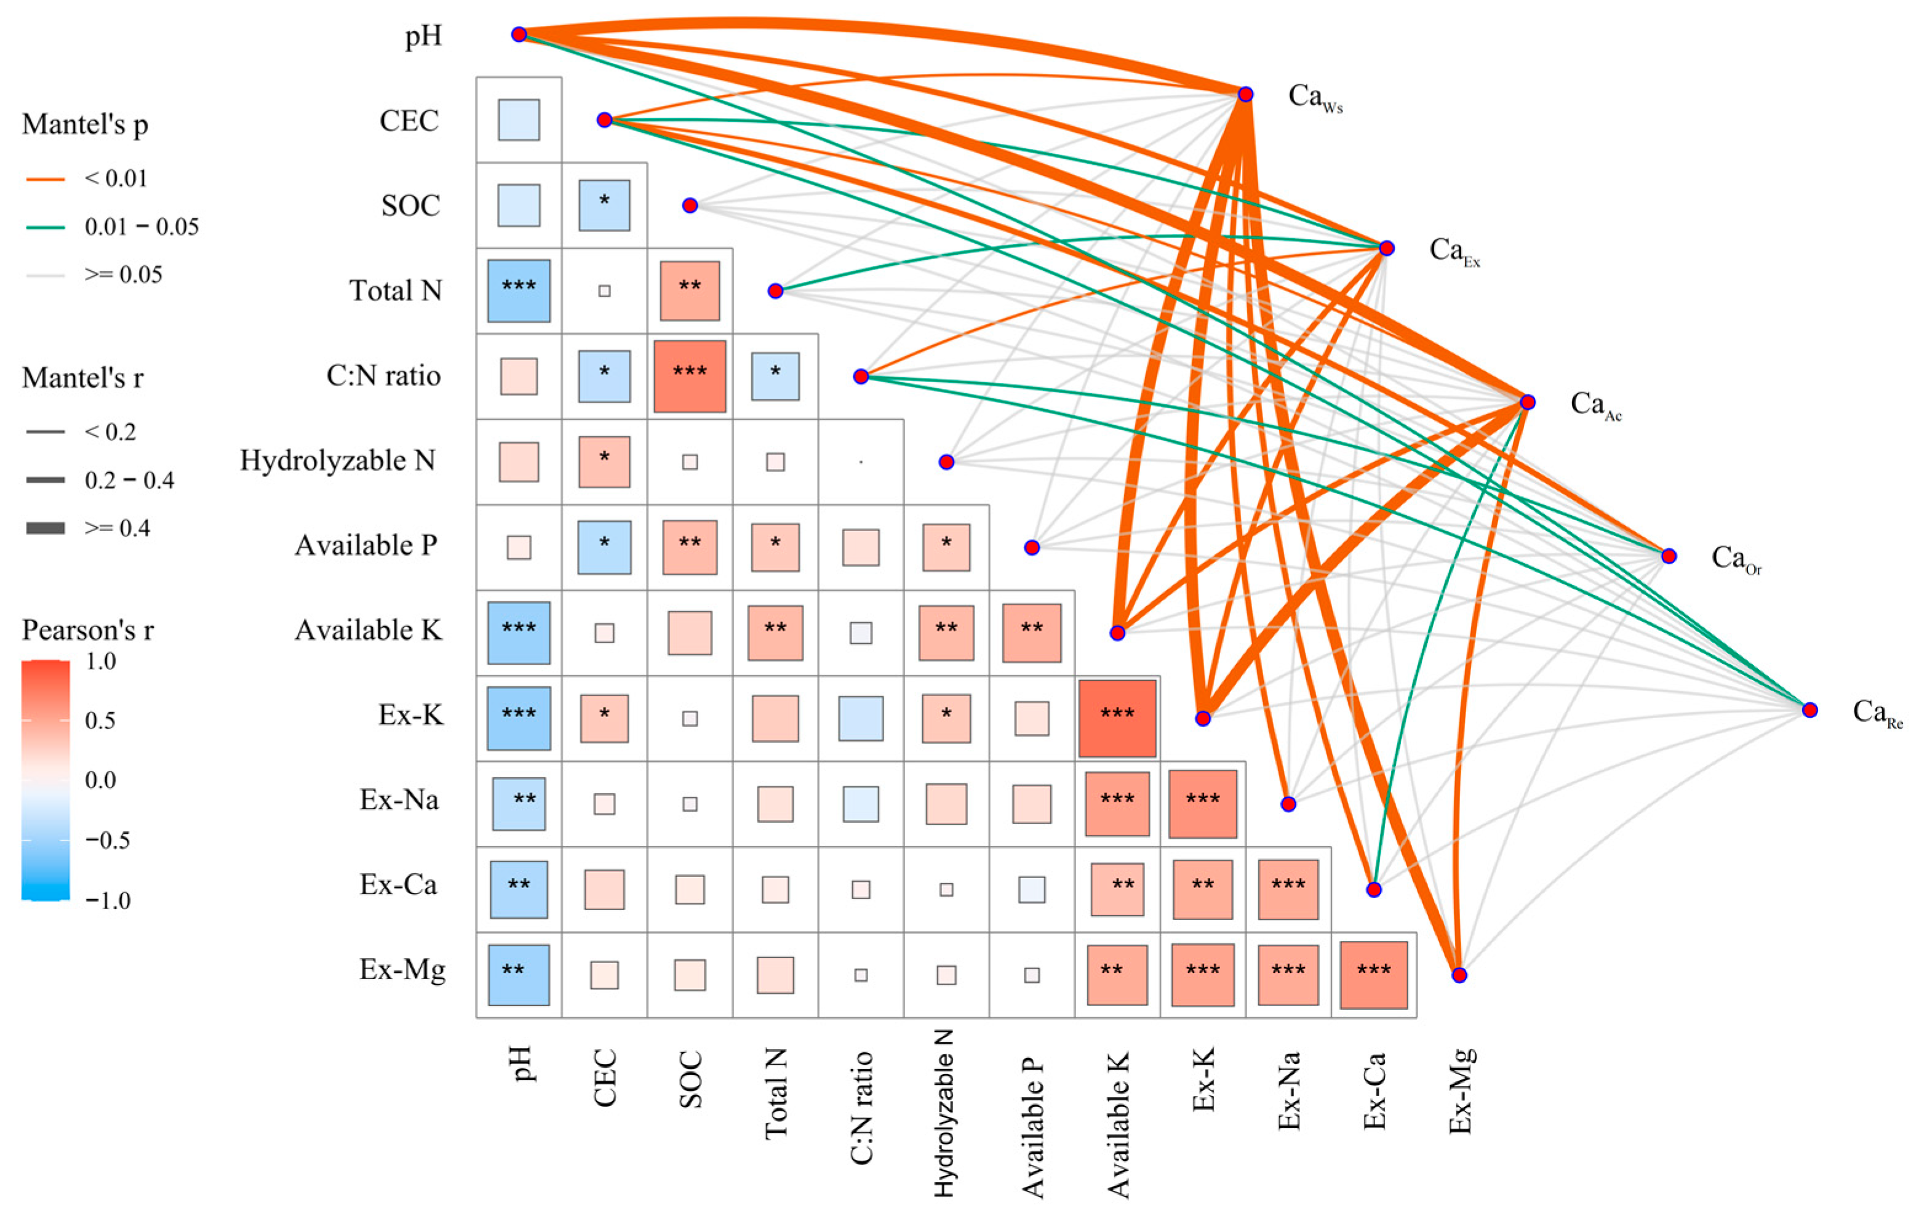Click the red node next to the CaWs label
[x=1246, y=94]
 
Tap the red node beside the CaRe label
[x=1810, y=709]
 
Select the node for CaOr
[x=1669, y=556]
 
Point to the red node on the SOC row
[x=690, y=206]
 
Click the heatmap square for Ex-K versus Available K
[x=1117, y=718]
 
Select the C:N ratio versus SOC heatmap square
[x=690, y=376]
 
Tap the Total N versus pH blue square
[x=519, y=291]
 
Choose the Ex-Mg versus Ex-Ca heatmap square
[x=1374, y=975]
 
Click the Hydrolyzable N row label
[x=338, y=460]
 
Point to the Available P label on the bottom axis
[x=1032, y=1127]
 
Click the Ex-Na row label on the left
[x=399, y=799]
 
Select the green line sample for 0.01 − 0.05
[x=46, y=227]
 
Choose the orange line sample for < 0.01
[x=46, y=179]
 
